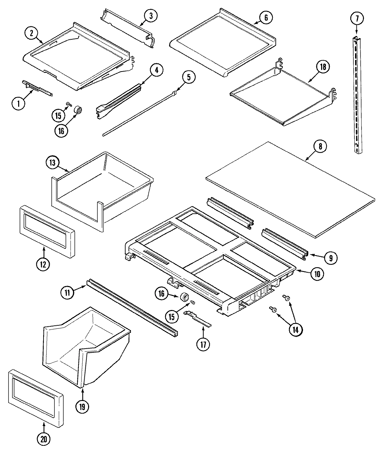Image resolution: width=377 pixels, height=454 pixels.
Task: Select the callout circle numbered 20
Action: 44,440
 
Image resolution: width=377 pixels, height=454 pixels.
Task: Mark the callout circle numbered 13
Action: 53,162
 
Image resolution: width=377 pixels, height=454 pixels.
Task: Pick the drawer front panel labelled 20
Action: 34,397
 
